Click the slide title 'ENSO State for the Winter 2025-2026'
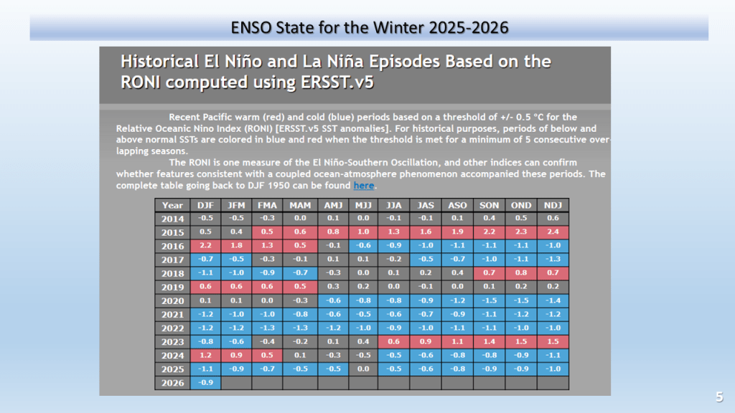coord(370,28)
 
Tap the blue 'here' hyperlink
coord(364,185)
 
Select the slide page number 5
coord(718,397)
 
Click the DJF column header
coord(206,205)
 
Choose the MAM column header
coord(300,205)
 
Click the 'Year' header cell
coord(172,205)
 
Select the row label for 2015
coord(172,232)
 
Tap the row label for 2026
coord(172,383)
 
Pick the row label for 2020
coord(172,300)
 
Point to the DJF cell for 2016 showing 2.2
coord(206,246)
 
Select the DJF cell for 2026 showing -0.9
coord(206,383)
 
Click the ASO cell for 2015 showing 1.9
coord(457,232)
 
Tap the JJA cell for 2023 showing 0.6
coord(394,341)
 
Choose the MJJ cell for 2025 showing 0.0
coord(362,369)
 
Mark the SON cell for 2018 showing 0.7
coord(490,273)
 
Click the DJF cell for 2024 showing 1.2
coord(206,355)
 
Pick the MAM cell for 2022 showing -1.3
coord(300,328)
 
